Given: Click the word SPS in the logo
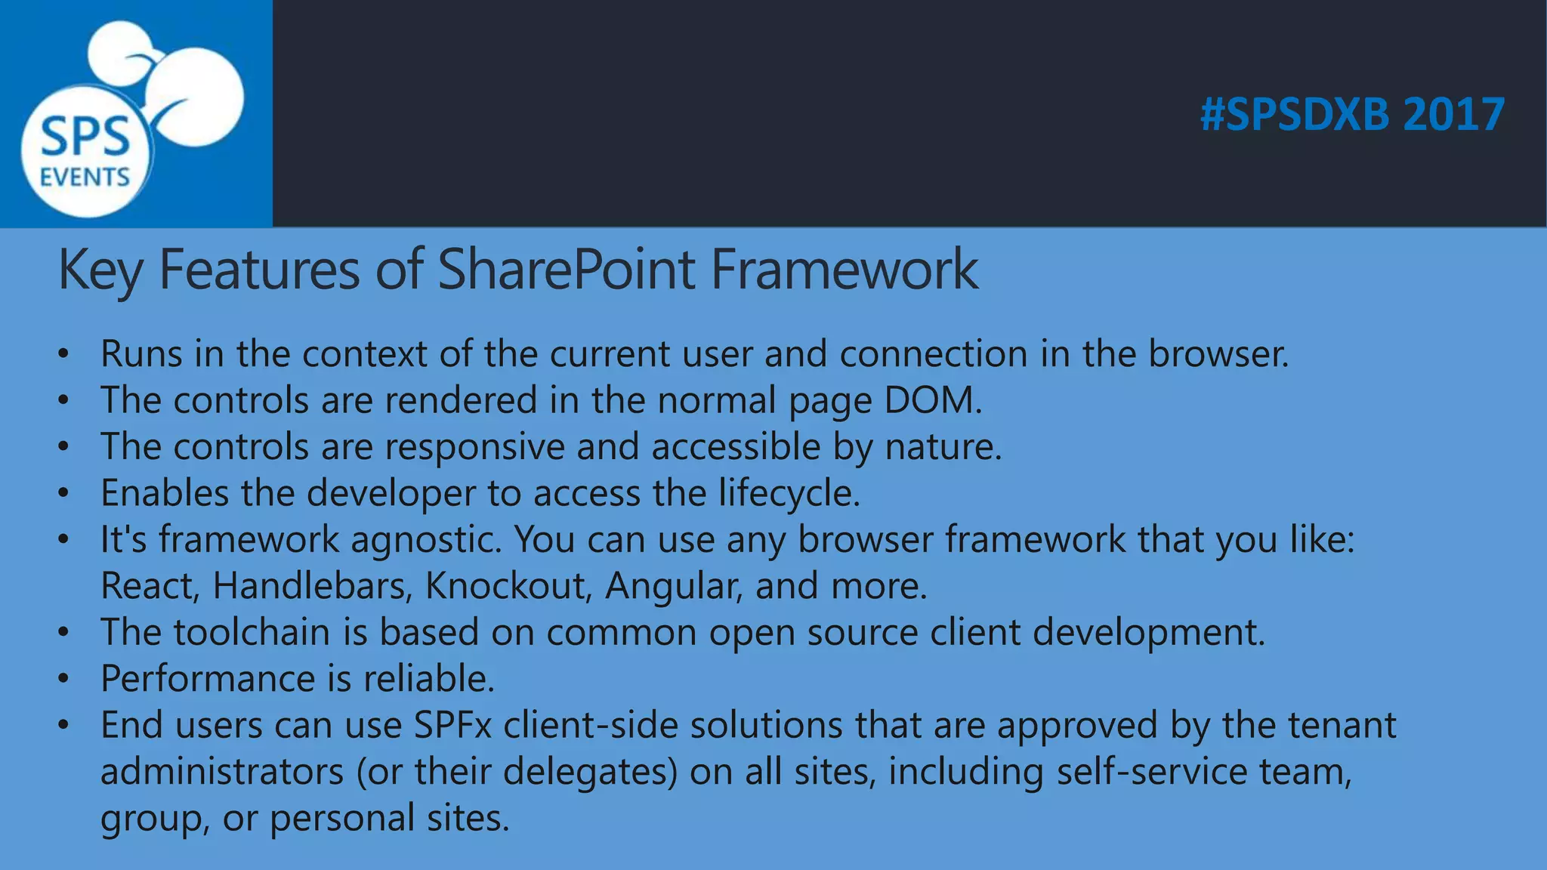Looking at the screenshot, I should click(85, 137).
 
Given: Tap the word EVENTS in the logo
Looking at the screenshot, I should click(85, 177).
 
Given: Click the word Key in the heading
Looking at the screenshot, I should click(99, 270).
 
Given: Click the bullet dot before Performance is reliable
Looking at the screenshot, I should click(64, 679).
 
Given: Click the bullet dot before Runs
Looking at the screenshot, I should click(64, 354).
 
